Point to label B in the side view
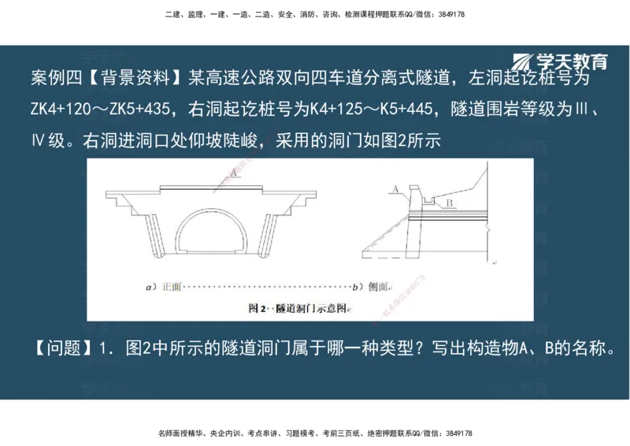(x=446, y=204)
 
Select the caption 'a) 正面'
(x=164, y=287)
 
